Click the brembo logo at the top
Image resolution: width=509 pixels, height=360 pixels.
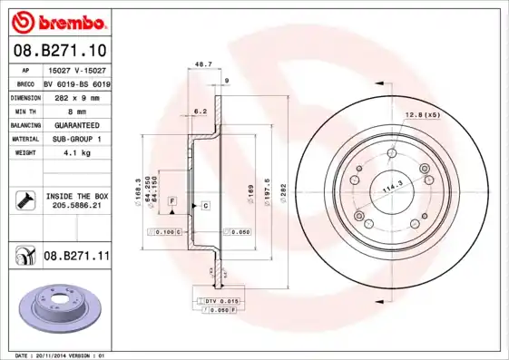[58, 21]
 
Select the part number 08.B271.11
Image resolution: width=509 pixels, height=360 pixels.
[76, 258]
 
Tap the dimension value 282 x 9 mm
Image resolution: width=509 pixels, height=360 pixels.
[75, 96]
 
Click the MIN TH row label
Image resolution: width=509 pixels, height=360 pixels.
[24, 110]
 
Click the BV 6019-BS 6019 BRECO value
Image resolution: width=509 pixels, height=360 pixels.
[77, 83]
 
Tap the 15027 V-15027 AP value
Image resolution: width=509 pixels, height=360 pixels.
[76, 69]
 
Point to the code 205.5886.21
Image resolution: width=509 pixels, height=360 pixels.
[76, 207]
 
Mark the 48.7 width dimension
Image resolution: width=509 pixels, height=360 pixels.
[203, 64]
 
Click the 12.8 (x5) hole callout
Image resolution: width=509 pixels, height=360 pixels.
[422, 114]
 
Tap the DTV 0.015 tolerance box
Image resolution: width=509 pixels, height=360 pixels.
[222, 300]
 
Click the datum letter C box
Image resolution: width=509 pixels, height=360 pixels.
[205, 207]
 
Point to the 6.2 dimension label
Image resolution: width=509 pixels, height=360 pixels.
[201, 111]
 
